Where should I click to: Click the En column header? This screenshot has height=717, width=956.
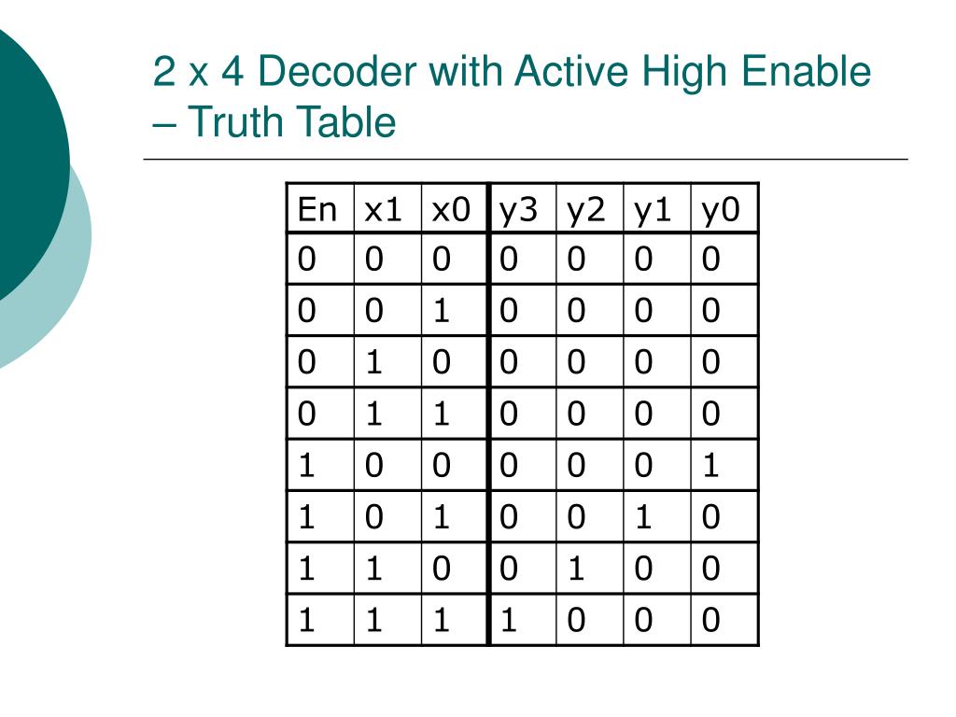tap(316, 210)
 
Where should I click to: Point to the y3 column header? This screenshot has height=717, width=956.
tap(518, 210)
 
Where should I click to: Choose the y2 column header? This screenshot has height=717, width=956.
tap(585, 210)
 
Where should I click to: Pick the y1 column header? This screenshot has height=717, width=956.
tap(653, 210)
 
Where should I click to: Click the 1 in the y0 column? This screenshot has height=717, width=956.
tap(711, 465)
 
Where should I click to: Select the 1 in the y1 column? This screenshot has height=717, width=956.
tap(644, 516)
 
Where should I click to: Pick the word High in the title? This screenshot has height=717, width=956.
tap(673, 73)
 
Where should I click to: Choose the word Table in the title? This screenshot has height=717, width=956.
tap(347, 122)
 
